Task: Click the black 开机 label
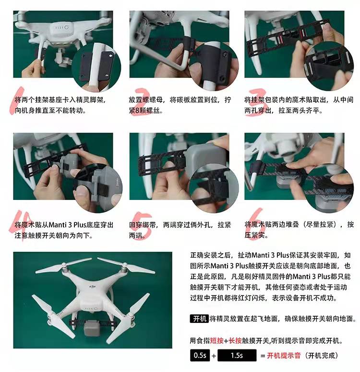[199, 319]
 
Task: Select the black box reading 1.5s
[237, 356]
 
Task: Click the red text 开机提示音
[284, 356]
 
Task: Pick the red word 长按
[236, 341]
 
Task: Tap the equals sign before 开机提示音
[263, 356]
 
